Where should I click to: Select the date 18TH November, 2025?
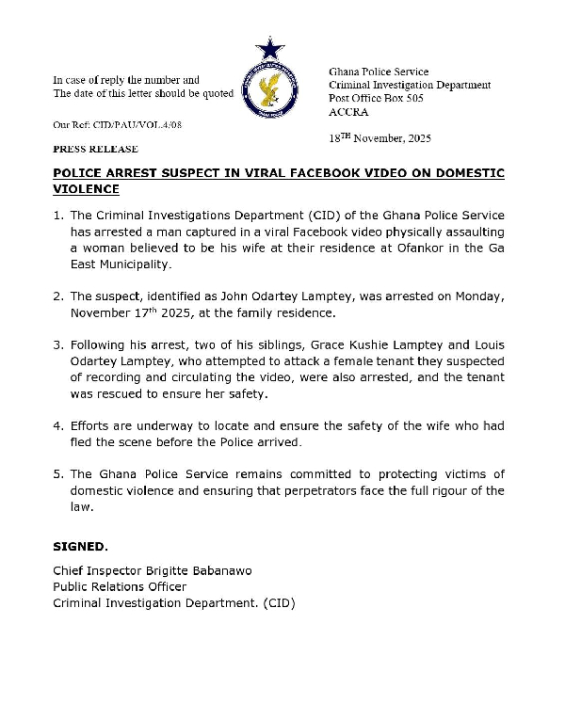379,138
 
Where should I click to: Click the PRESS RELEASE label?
95,149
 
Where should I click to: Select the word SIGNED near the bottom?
80,546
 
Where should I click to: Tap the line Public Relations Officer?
120,587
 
